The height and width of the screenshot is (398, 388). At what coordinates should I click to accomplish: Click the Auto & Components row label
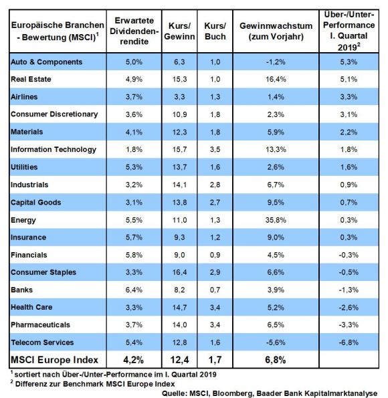(x=46, y=62)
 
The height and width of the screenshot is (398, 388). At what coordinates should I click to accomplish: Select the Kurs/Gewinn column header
(x=179, y=31)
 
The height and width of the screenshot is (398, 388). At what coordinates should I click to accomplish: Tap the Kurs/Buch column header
(x=215, y=31)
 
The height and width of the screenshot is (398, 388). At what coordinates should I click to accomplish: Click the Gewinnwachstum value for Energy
(x=276, y=220)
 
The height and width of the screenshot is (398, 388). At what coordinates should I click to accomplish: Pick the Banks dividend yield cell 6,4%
(x=134, y=290)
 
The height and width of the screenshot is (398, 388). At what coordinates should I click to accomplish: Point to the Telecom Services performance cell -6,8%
(x=349, y=342)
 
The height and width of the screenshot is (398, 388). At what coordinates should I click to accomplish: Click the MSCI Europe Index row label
(x=54, y=360)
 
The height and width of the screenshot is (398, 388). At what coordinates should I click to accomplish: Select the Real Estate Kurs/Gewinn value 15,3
(x=179, y=79)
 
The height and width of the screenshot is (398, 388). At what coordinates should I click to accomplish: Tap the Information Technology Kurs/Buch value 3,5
(x=215, y=150)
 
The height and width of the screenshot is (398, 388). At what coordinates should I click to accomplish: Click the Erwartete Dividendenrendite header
(x=134, y=31)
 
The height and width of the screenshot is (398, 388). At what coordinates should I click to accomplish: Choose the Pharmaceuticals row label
(x=40, y=325)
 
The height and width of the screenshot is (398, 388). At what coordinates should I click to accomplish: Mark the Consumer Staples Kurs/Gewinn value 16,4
(x=179, y=272)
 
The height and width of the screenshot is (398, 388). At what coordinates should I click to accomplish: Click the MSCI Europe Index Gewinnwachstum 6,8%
(x=276, y=360)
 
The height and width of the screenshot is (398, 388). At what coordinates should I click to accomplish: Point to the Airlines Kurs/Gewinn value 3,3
(x=179, y=97)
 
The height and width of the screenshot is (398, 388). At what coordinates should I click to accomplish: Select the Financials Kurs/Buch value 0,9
(x=215, y=255)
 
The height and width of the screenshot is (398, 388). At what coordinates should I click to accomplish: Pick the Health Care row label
(x=31, y=308)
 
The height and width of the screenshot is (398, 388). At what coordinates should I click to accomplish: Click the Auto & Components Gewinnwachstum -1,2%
(x=276, y=62)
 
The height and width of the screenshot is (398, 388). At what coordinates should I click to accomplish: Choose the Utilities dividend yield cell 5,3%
(x=134, y=167)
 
